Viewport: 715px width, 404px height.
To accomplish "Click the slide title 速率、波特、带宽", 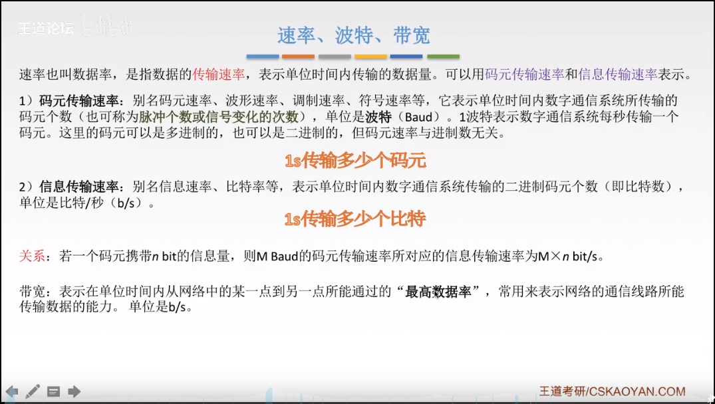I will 353,35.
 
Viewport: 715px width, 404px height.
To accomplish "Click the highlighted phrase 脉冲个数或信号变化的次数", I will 219,117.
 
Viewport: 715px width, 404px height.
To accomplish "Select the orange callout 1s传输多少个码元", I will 355,161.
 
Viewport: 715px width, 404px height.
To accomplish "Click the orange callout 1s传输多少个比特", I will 355,219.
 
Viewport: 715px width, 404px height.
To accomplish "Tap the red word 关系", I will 32,256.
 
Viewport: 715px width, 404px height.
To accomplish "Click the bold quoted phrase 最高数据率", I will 444,292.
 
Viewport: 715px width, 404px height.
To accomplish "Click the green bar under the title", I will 443,56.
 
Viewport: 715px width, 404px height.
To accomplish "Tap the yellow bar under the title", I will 370,56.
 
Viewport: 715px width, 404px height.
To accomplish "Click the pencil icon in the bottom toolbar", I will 33,391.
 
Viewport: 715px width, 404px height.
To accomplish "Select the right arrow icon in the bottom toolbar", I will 74,391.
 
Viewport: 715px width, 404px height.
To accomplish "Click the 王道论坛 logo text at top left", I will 45,29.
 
